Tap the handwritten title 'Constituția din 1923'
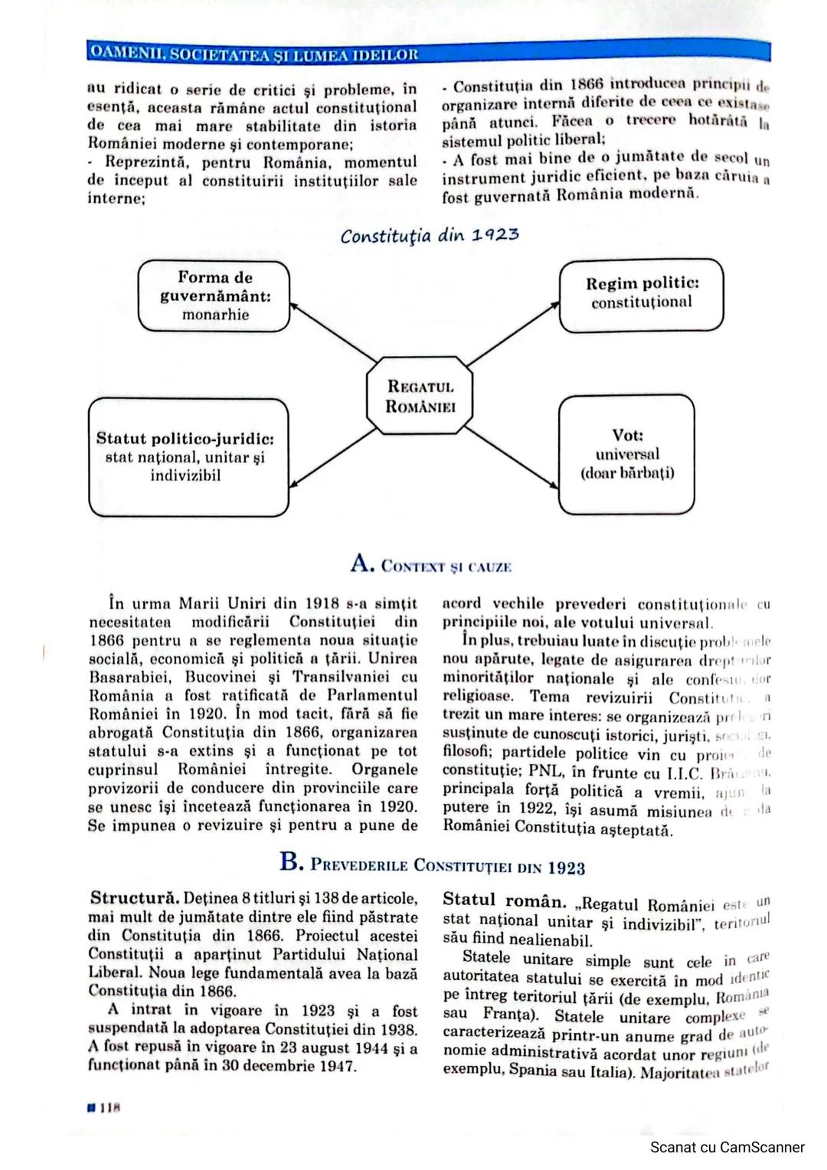[430, 235]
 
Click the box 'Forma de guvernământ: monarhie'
[214, 296]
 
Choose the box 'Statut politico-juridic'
[188, 457]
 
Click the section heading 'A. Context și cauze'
[430, 565]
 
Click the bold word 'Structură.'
[135, 897]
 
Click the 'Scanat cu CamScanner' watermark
[727, 1147]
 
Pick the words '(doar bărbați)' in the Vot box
[627, 472]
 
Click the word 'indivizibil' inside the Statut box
[185, 476]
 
